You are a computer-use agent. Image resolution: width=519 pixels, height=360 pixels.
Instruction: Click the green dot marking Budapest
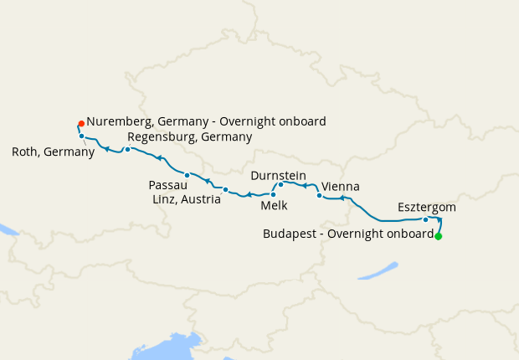438,236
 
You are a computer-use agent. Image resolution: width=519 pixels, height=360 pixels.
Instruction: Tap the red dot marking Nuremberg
81,123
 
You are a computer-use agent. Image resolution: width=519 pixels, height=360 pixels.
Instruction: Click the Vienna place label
340,186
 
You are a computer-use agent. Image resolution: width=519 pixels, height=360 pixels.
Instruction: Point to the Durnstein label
279,174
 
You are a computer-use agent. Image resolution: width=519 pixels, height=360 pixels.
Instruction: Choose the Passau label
167,184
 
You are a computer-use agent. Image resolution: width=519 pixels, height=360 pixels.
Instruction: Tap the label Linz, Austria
187,199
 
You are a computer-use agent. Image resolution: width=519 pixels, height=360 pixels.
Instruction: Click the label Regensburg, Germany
189,136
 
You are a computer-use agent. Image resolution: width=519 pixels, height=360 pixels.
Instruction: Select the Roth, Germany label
54,152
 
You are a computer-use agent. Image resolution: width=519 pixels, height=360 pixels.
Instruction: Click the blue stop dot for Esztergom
426,220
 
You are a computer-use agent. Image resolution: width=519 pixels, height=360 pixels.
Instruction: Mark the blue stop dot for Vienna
319,195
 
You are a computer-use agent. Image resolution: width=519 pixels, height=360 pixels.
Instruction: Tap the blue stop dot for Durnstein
281,184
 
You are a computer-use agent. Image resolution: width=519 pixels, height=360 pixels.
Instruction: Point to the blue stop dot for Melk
273,194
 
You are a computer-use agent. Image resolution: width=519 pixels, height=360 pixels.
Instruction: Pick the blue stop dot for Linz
225,189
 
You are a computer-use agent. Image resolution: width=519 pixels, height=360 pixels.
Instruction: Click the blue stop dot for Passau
188,175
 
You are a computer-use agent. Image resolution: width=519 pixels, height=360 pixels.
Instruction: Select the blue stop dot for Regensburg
127,149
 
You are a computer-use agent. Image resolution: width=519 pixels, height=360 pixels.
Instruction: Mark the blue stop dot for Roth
81,136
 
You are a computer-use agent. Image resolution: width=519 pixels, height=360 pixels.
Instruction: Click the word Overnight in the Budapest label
357,234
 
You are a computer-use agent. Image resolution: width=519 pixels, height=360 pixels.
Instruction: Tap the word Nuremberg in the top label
118,121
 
